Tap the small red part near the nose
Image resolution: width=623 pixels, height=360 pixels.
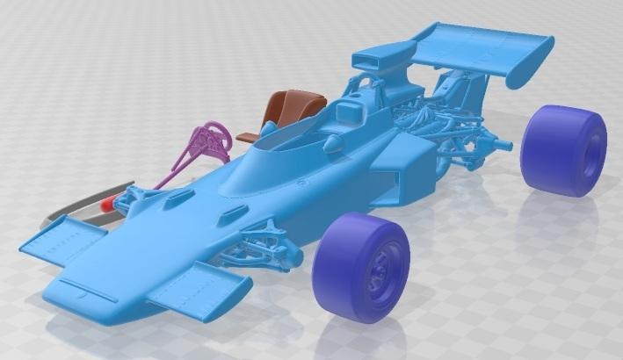click(108, 204)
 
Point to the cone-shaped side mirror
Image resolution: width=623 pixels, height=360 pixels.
click(333, 142)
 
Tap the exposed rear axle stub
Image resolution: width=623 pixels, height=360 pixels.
click(505, 141)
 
